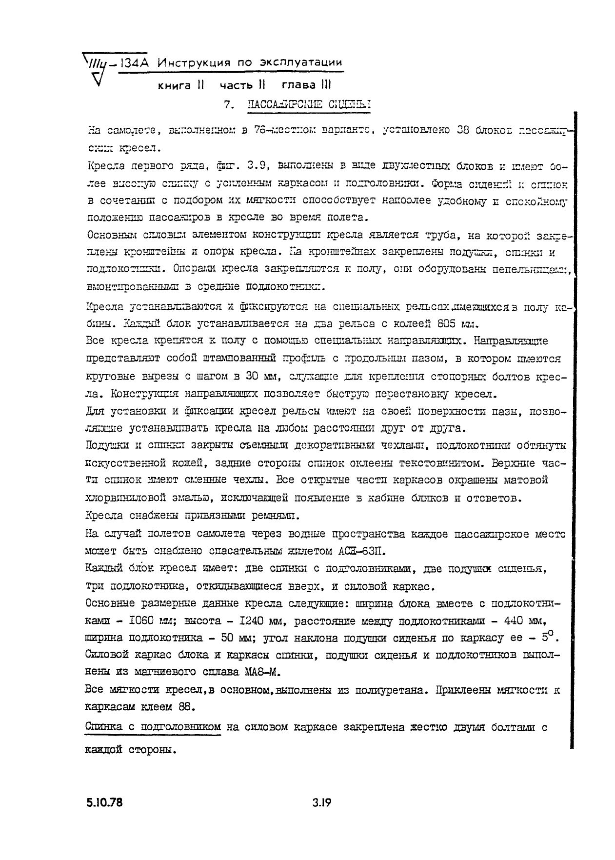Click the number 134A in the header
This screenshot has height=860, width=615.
[133, 63]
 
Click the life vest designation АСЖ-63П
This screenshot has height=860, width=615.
[362, 551]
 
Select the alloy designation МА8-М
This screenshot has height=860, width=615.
[262, 672]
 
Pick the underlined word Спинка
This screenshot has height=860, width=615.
[104, 727]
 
